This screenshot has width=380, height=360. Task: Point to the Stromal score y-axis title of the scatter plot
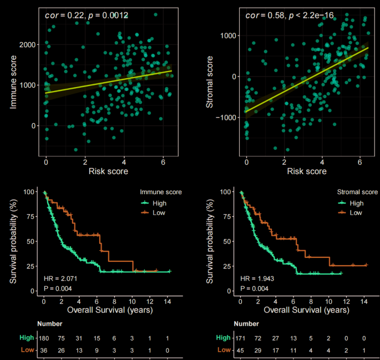click(x=211, y=83)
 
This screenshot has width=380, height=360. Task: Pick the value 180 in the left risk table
click(x=44, y=338)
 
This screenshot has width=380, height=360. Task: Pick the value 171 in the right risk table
click(x=241, y=338)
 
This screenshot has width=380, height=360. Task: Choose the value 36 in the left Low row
click(x=44, y=350)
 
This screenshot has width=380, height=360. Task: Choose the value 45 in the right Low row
click(x=241, y=350)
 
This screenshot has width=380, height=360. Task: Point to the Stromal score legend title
click(x=357, y=192)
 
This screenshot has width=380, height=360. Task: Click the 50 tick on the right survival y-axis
click(x=226, y=241)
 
